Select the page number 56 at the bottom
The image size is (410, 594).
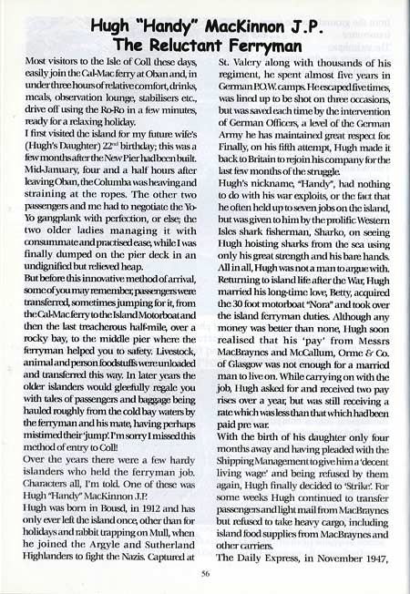pos(206,574)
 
